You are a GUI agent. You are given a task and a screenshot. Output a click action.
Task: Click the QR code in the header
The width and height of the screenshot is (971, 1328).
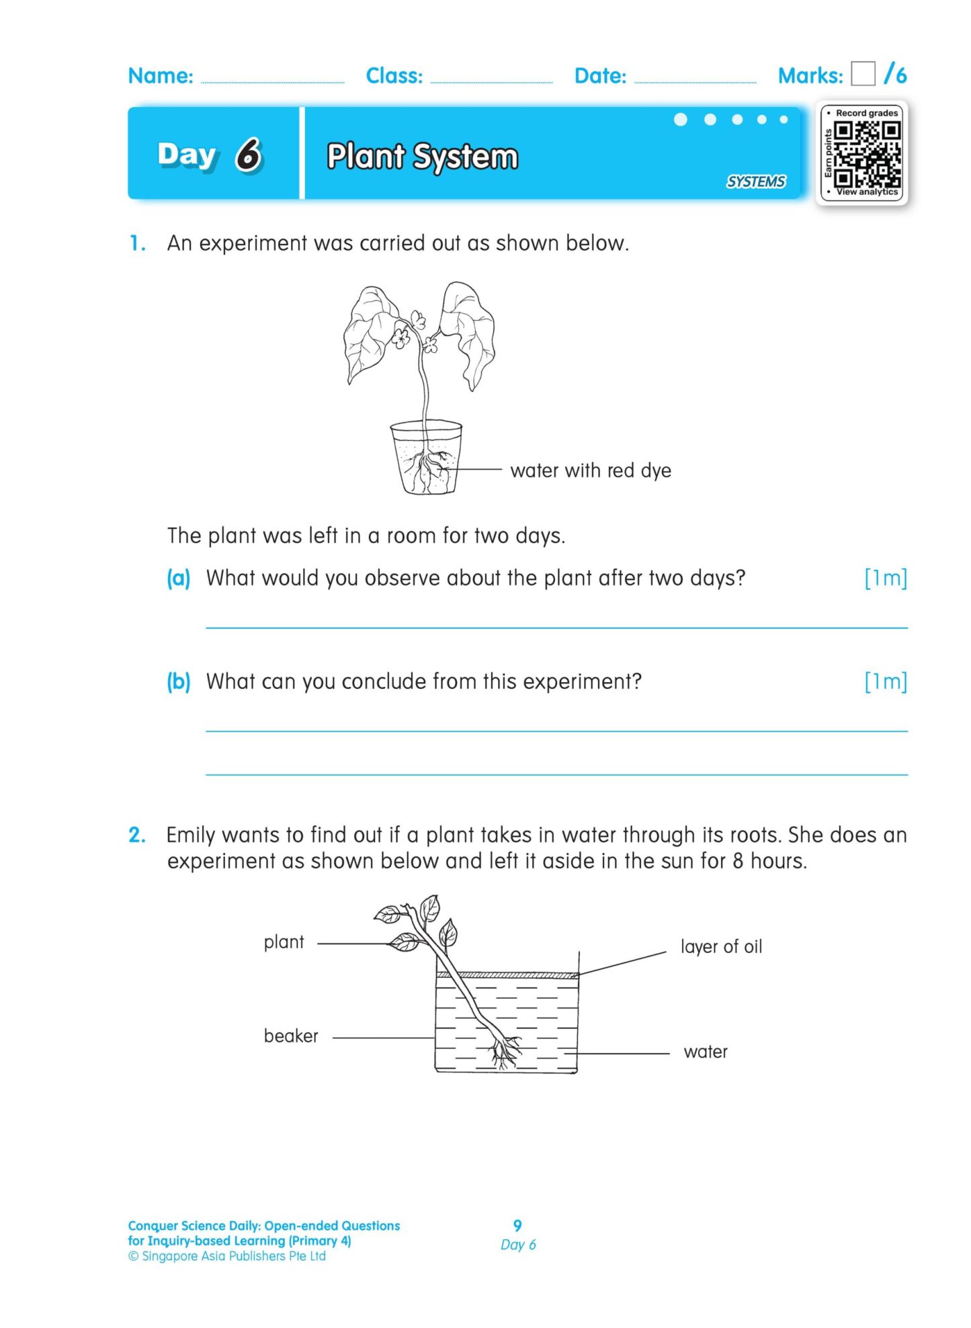pos(866,153)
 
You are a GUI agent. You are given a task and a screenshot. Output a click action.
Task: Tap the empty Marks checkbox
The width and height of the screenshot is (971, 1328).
pos(862,74)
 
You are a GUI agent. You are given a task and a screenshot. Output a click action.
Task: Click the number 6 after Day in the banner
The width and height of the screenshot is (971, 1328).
pos(249,155)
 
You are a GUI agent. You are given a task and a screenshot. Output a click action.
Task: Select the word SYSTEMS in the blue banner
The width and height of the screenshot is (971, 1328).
pos(755,181)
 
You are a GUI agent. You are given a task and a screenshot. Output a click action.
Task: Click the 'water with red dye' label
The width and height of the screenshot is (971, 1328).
pos(590,470)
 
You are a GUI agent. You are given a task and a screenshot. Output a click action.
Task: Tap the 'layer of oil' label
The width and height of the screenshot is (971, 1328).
pos(720,946)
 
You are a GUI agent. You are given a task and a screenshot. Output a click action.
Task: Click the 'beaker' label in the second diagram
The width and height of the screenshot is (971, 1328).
pos(291,1036)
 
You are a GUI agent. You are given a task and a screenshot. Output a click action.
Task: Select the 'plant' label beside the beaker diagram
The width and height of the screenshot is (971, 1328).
pos(284,942)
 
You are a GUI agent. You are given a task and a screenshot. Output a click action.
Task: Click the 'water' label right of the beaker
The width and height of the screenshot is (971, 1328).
pos(705,1052)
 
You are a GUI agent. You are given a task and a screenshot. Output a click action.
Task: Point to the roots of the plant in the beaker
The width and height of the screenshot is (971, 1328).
pos(503,1051)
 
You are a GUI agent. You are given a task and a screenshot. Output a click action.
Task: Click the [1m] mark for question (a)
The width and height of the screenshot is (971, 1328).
pos(885,578)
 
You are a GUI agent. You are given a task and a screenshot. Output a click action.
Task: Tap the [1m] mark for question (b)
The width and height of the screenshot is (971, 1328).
pos(885,681)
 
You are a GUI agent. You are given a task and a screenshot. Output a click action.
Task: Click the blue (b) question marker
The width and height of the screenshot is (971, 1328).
pos(179,681)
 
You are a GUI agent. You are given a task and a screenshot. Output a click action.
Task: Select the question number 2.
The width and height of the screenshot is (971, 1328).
pos(136,835)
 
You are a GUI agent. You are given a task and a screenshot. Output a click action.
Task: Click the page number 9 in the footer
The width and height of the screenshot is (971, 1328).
pos(517,1225)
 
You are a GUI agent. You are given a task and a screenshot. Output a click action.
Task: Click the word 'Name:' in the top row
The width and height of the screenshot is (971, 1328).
pos(161,76)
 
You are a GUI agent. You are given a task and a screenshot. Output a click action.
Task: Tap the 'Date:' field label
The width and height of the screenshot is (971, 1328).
pos(600,76)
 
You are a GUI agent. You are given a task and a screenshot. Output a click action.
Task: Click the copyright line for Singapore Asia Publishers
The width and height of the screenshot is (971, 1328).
pos(227,1256)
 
